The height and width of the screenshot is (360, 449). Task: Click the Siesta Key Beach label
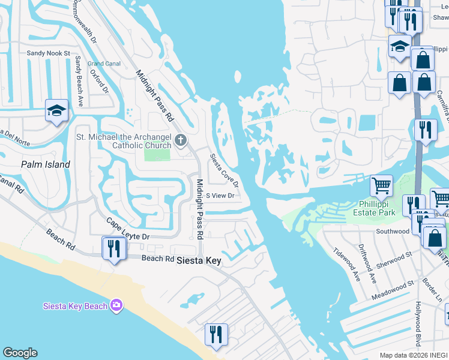(x=75, y=306)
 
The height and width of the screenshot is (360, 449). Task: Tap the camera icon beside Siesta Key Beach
(x=116, y=306)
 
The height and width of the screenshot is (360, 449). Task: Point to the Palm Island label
(x=45, y=164)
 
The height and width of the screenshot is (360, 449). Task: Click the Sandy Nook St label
(x=49, y=53)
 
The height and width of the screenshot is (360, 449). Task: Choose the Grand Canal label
(x=104, y=64)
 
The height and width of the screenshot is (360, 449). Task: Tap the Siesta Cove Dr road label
(x=224, y=170)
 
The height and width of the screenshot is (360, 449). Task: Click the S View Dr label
(x=220, y=196)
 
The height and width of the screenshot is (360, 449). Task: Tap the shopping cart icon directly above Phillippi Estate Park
(x=381, y=186)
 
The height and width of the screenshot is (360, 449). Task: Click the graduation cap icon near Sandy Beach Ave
(x=56, y=110)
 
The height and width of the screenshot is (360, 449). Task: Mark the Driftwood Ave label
(x=368, y=263)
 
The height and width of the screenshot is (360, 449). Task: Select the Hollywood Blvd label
(x=417, y=328)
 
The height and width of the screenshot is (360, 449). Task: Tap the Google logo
(x=20, y=353)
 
